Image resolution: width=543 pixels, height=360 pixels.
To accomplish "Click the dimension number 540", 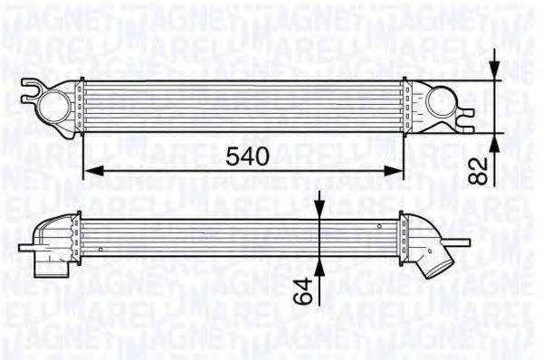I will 247,156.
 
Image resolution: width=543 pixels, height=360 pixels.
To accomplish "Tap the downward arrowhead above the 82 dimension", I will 494,72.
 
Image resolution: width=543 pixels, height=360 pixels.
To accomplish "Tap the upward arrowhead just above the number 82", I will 494,142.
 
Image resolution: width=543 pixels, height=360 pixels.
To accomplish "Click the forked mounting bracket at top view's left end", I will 32,90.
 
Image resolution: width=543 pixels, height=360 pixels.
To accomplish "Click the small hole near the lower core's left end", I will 100,246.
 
